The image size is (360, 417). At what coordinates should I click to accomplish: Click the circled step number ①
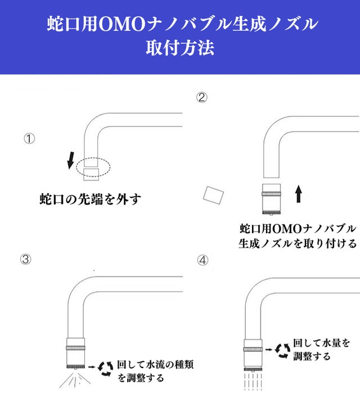29,139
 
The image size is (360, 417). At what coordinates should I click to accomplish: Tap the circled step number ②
202,97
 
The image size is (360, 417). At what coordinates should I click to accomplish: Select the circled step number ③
26,259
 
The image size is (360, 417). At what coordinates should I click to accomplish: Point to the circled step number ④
202,260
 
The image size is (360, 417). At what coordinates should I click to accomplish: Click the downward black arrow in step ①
70,160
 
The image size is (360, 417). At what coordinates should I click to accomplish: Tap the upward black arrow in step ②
299,194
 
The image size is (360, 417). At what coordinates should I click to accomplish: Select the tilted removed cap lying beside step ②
213,196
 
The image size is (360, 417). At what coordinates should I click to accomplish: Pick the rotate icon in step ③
105,369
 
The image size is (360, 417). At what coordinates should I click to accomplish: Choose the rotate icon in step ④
283,351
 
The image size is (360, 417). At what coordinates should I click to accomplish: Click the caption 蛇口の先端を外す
90,199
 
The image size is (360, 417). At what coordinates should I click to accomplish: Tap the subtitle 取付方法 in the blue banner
180,48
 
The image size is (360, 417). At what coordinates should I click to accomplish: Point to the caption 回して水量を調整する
321,350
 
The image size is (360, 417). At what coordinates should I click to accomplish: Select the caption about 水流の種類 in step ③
155,371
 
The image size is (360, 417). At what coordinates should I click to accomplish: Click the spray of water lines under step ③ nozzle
75,379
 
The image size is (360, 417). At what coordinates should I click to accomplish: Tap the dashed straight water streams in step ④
253,381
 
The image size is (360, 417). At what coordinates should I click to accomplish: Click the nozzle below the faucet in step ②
271,199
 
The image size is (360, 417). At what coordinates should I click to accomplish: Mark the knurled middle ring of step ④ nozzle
253,349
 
